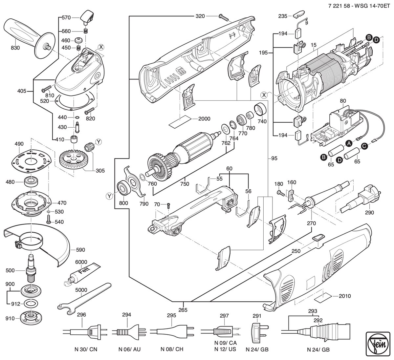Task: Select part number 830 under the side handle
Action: coord(15,48)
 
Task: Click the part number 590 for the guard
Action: coord(80,250)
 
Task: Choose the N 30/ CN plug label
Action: coord(86,349)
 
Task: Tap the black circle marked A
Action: coord(349,143)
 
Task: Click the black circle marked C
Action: coord(364,146)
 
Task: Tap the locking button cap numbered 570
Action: coord(88,17)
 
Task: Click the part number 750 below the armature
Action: coord(185,184)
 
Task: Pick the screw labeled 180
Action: coord(281,193)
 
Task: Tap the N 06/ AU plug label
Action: coord(129,349)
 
